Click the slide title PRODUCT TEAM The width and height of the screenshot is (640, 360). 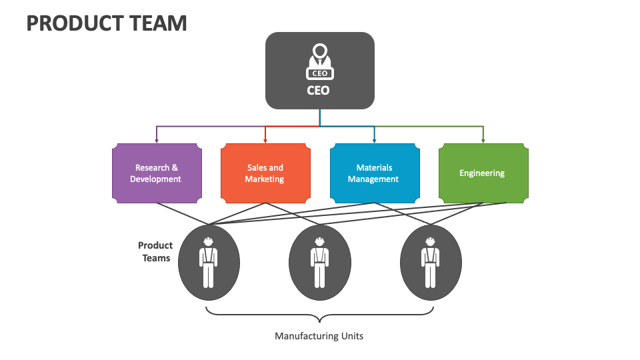coord(107,23)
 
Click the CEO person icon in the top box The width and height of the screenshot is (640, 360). coord(320,61)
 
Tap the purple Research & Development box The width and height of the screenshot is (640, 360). coord(157,173)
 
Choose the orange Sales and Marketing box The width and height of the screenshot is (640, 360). coord(265,173)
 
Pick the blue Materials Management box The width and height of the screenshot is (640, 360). coord(374,173)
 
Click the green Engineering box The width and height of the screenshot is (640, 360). coord(483,173)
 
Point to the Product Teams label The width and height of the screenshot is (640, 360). coord(156,252)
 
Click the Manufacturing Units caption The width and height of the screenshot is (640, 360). coord(319,336)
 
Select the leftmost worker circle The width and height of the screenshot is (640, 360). coord(209,260)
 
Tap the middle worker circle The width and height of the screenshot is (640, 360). coord(319,260)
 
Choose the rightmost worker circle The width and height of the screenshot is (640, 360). coord(430,260)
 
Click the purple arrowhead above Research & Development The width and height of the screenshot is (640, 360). coord(157,139)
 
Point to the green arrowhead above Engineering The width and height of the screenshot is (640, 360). coord(483,139)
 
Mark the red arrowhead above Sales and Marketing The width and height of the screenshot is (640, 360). coord(265,139)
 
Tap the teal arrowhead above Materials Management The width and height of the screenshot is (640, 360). coord(374,139)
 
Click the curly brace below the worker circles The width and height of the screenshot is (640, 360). coord(319,314)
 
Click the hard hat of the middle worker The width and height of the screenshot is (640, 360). coord(319,241)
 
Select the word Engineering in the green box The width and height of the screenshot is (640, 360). coord(482,173)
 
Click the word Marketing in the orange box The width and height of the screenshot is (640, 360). coord(265,179)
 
